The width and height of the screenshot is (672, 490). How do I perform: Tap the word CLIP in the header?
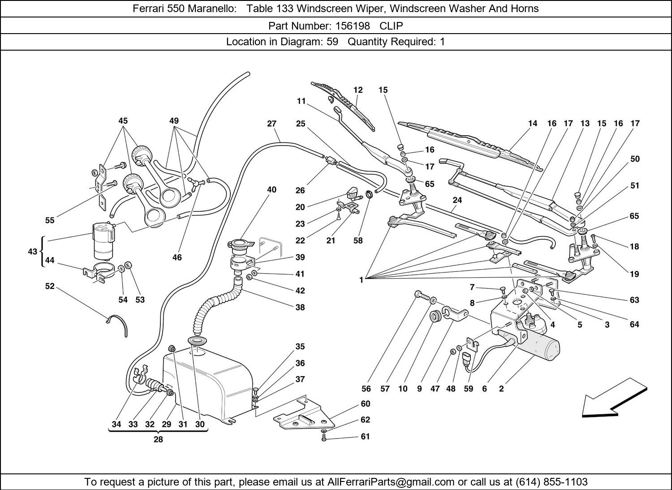pyautogui.click(x=392, y=26)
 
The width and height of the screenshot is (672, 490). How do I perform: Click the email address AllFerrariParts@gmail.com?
pyautogui.click(x=391, y=482)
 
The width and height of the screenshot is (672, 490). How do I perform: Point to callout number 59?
pyautogui.click(x=468, y=389)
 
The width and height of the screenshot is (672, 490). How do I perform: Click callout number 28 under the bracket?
pyautogui.click(x=158, y=439)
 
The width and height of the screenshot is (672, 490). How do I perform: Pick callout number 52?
pyautogui.click(x=50, y=286)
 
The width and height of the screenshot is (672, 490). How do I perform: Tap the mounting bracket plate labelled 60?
pyautogui.click(x=305, y=414)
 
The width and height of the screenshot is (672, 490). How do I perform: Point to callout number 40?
pyautogui.click(x=271, y=189)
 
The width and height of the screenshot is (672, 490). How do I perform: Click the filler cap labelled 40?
pyautogui.click(x=241, y=245)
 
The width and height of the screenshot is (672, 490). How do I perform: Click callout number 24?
pyautogui.click(x=457, y=200)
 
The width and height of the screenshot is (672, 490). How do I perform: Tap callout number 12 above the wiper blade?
pyautogui.click(x=358, y=90)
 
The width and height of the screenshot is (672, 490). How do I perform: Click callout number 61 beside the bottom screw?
pyautogui.click(x=366, y=436)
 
